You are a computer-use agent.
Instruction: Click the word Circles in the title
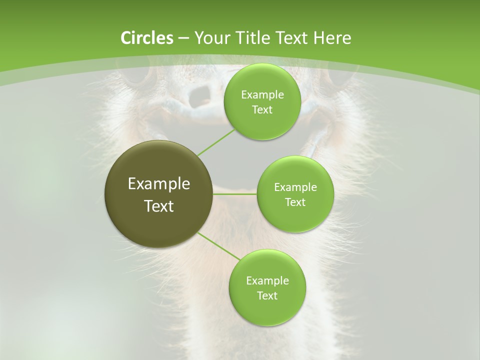tap(146, 38)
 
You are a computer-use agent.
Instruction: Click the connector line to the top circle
tap(216, 142)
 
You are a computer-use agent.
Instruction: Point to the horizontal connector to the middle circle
tap(235, 194)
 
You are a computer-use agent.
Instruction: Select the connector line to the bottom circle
tap(219, 246)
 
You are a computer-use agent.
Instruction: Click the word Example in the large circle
tap(159, 184)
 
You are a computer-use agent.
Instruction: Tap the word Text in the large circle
tap(159, 206)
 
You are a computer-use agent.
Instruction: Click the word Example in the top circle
tap(262, 95)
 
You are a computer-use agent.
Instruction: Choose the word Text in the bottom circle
tap(267, 295)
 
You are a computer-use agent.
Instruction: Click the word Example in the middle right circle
tap(295, 187)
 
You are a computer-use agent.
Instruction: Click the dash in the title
tap(183, 38)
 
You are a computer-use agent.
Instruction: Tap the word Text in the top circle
tap(262, 110)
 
